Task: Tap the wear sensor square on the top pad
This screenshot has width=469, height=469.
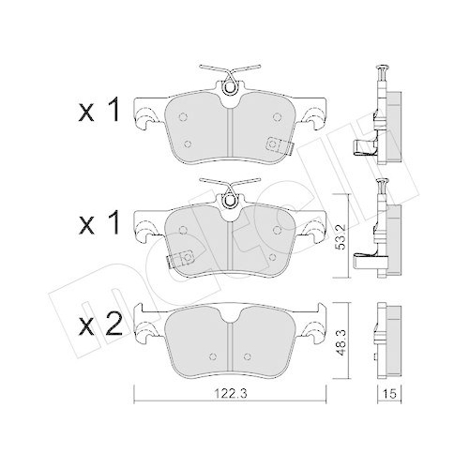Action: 275,144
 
